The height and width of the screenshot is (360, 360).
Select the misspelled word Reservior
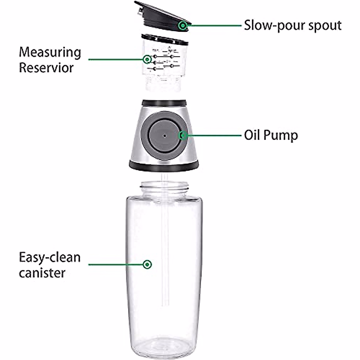(x=46, y=68)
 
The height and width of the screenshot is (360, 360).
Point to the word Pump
(x=281, y=136)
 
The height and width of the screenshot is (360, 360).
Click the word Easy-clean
(x=50, y=258)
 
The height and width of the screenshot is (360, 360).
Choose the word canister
(x=42, y=273)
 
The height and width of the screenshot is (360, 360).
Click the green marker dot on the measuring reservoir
(x=147, y=59)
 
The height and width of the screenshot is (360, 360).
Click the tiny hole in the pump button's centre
(x=164, y=136)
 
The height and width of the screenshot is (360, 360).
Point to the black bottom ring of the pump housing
(x=163, y=165)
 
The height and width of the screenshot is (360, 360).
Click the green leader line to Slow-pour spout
(x=214, y=25)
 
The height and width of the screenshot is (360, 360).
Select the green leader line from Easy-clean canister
(x=115, y=264)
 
